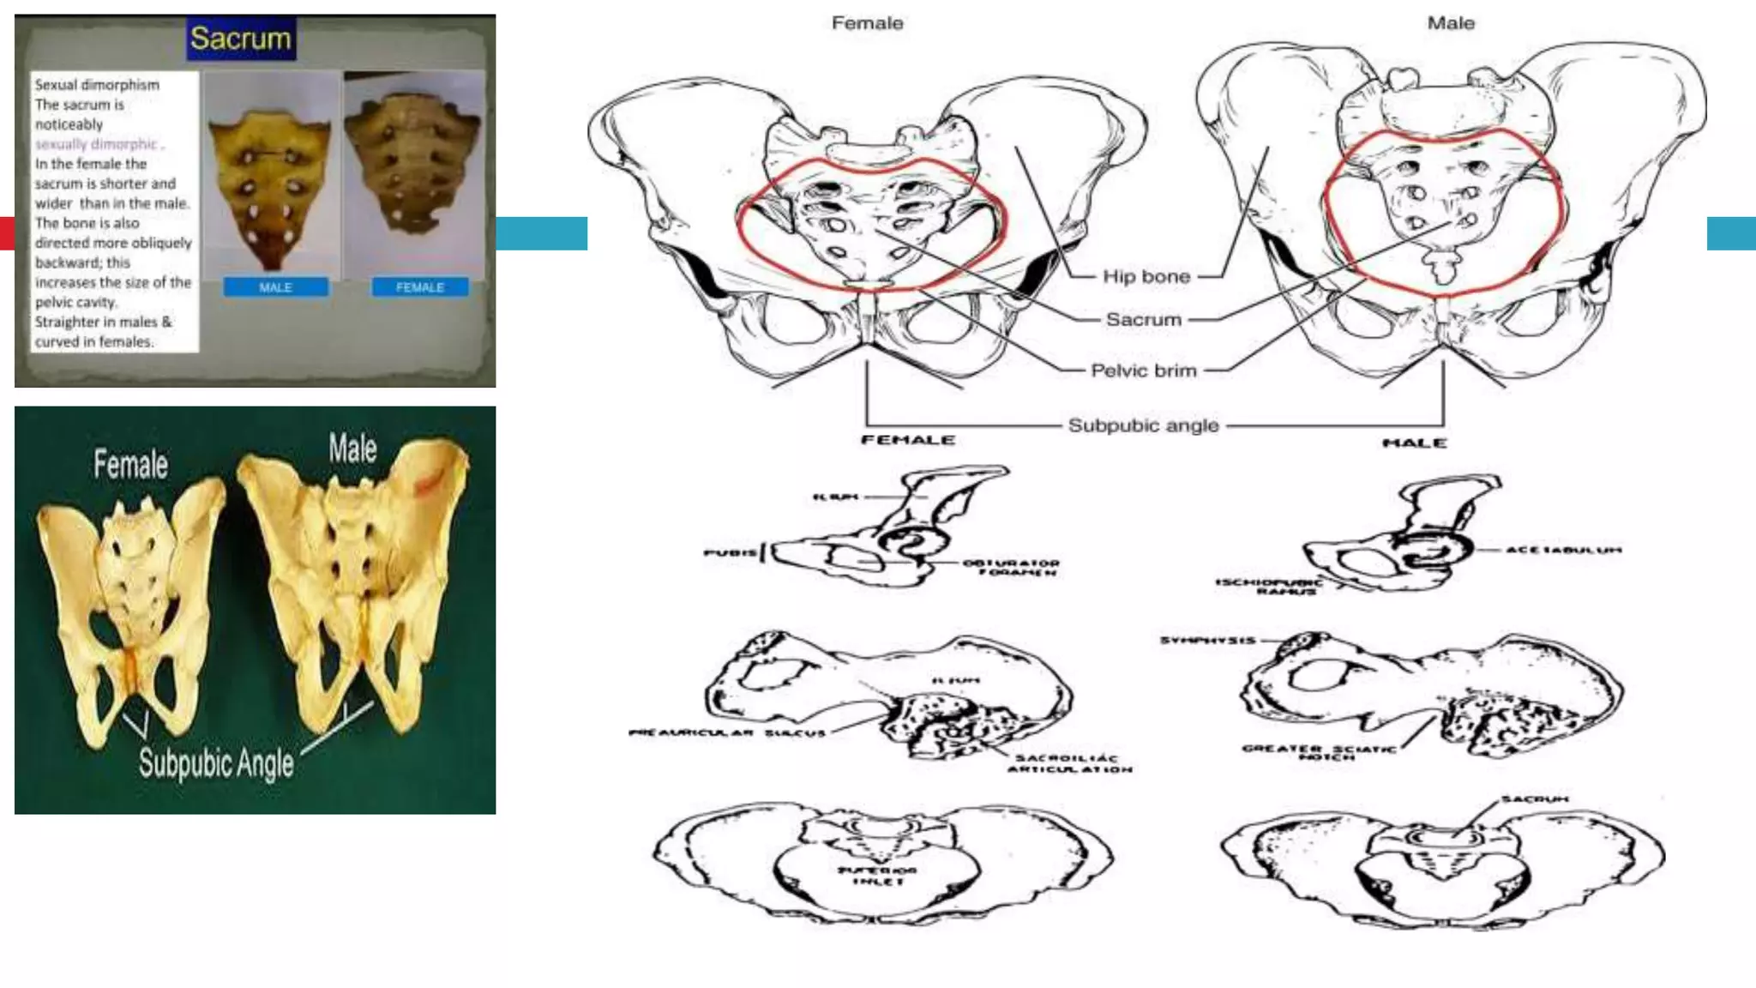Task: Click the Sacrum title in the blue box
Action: [x=241, y=39]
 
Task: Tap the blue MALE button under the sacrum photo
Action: [x=275, y=287]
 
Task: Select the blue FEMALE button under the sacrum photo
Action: [x=420, y=287]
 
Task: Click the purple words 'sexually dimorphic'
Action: [x=96, y=144]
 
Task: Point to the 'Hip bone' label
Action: [x=1146, y=276]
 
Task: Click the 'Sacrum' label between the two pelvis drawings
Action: [x=1143, y=319]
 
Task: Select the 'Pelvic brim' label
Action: [x=1143, y=370]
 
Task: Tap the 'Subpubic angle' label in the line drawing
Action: [x=1143, y=425]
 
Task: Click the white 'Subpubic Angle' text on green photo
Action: [x=216, y=762]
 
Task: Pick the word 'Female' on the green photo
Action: [x=130, y=464]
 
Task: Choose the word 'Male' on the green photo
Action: [x=352, y=448]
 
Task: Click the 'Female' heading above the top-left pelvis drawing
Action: [x=867, y=23]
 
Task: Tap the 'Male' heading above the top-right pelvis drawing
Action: [x=1450, y=23]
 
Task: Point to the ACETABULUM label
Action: [x=1563, y=550]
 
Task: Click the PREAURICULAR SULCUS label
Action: [x=727, y=733]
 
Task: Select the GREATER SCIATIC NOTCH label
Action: [x=1319, y=752]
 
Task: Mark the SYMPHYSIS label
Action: [x=1207, y=641]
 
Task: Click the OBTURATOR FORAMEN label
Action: [x=1011, y=568]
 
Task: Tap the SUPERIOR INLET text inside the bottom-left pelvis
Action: [x=876, y=876]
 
